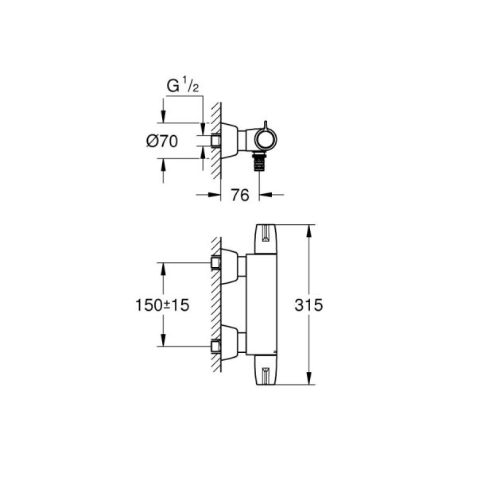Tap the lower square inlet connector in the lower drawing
215,345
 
